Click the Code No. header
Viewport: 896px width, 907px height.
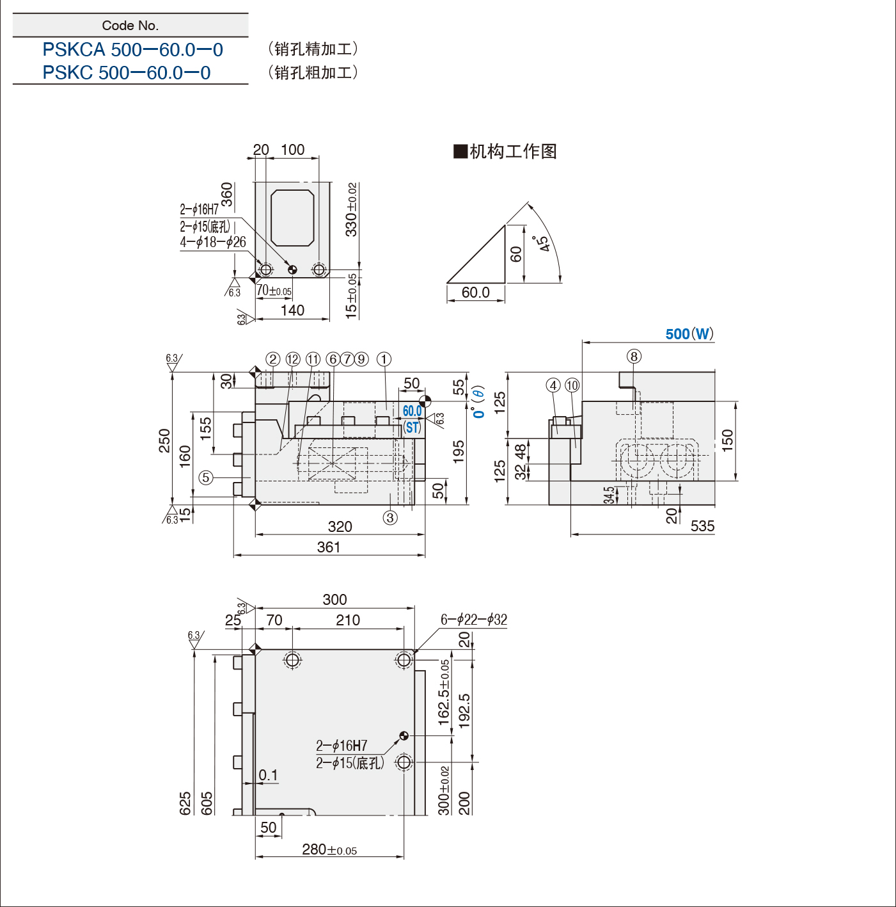(x=130, y=26)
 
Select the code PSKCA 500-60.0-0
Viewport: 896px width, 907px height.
(x=132, y=49)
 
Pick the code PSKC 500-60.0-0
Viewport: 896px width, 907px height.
(x=127, y=72)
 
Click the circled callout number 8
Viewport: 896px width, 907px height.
(x=634, y=357)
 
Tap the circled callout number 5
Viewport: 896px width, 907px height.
(x=205, y=478)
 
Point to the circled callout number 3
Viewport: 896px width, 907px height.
(x=390, y=518)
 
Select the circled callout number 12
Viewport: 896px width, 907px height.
(x=292, y=360)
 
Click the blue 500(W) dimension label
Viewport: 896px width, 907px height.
(x=689, y=333)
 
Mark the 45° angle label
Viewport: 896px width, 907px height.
(x=542, y=243)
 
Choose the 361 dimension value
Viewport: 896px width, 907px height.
(x=329, y=547)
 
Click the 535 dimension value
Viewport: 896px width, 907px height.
(x=702, y=526)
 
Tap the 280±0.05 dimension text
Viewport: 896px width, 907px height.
(x=329, y=849)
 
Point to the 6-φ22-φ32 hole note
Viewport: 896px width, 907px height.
(x=474, y=620)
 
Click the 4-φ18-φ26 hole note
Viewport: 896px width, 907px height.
(x=213, y=242)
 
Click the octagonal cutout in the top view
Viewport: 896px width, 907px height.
(x=292, y=218)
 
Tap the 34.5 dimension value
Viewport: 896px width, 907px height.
(x=609, y=495)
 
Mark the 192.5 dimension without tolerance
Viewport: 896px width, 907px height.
(x=464, y=710)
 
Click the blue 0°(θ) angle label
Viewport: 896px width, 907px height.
(x=478, y=402)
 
